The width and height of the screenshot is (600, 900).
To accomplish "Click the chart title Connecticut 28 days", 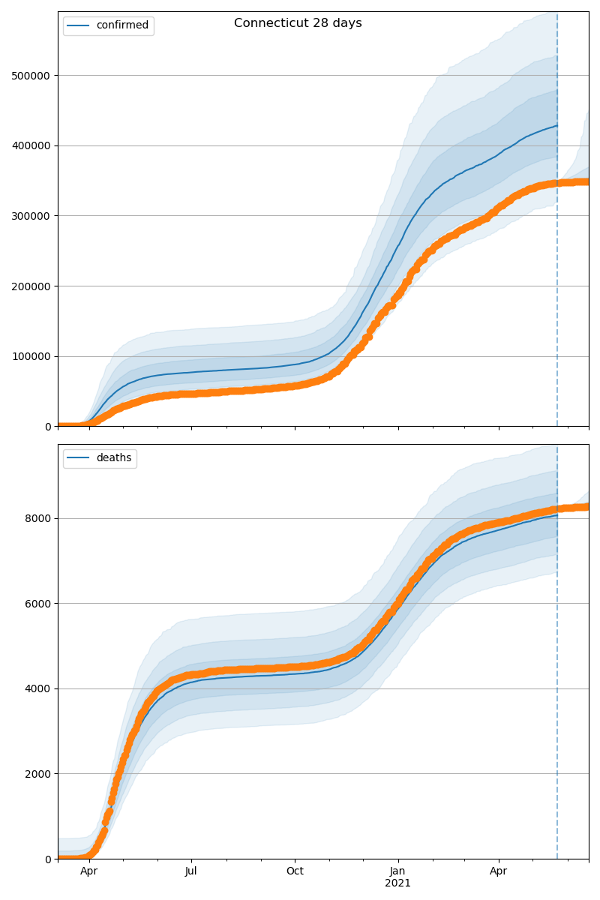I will click(298, 23).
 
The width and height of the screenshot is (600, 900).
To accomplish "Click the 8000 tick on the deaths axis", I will click(40, 518).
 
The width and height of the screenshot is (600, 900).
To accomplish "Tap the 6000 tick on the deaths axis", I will click(40, 604).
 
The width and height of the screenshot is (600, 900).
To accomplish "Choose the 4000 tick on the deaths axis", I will click(40, 688).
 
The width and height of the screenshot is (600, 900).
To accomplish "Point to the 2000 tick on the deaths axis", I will click(40, 774).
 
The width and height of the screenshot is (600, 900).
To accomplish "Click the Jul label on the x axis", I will click(191, 871).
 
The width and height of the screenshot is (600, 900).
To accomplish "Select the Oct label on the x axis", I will click(295, 871).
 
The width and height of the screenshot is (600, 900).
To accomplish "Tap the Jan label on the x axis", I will click(397, 871).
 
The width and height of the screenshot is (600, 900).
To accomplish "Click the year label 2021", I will click(397, 883).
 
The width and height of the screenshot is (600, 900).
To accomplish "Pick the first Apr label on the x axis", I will click(89, 871).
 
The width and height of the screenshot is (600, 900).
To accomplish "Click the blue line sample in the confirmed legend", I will click(79, 25).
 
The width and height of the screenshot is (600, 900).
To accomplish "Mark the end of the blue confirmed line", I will click(556, 125).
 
